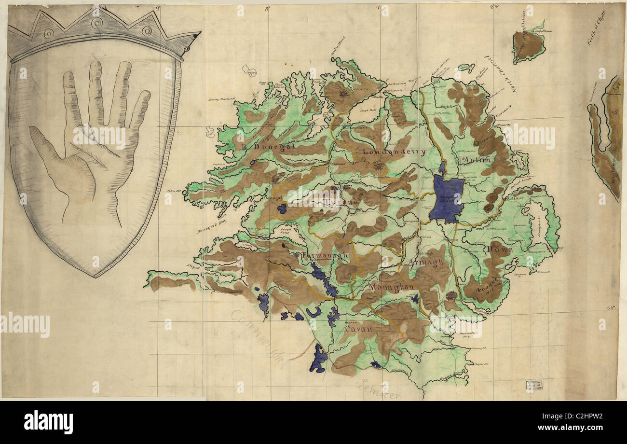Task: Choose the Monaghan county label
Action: click(392, 287)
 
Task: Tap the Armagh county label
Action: click(426, 262)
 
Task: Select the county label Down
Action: click(495, 250)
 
